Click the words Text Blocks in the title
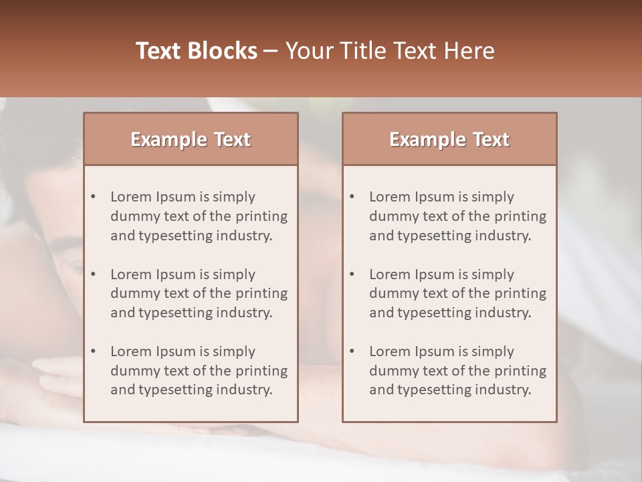(197, 51)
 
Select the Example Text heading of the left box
(191, 139)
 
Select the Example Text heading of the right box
(449, 139)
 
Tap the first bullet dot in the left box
(93, 197)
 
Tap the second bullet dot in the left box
(93, 274)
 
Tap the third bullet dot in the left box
(93, 351)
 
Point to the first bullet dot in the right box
(352, 197)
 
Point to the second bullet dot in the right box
(352, 274)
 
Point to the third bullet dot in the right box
(352, 351)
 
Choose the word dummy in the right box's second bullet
(391, 293)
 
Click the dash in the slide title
(271, 51)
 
